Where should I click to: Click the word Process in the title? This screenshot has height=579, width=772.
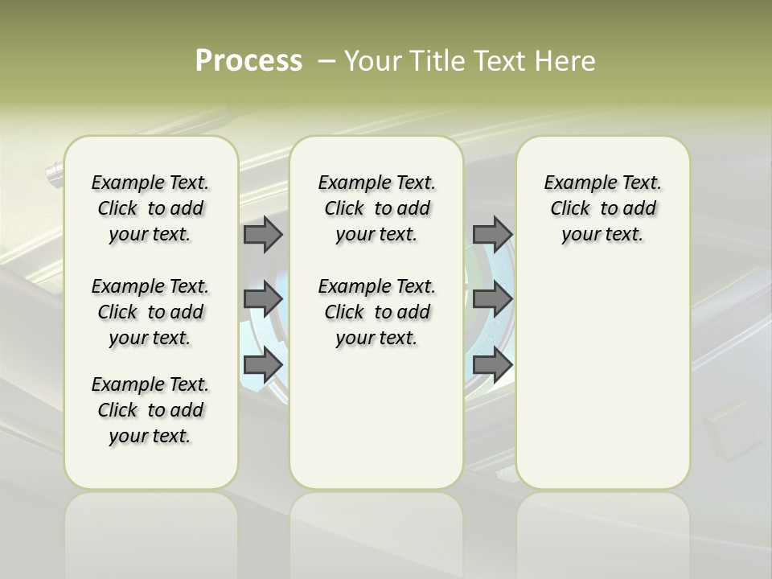pos(248,61)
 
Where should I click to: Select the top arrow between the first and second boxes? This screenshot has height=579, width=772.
pos(263,234)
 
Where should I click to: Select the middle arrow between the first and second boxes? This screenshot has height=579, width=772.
pos(263,299)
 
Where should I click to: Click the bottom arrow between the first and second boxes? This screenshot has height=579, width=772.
pos(263,364)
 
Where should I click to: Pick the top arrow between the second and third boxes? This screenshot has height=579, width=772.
pos(492,234)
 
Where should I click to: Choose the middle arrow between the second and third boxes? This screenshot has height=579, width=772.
pos(492,299)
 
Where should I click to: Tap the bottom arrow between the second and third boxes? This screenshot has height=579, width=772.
pos(492,364)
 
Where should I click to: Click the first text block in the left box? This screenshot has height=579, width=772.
pos(150,208)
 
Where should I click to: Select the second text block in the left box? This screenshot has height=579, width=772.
pos(150,312)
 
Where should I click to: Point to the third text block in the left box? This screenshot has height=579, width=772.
pos(150,410)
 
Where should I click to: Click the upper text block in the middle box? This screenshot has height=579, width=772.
pos(376,208)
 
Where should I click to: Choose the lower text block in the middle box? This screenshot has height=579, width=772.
pos(376,312)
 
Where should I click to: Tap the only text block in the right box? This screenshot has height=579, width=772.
pos(602,208)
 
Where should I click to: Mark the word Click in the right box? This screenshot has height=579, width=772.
pos(570,209)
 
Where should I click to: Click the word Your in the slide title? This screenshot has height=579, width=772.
pos(373,61)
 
